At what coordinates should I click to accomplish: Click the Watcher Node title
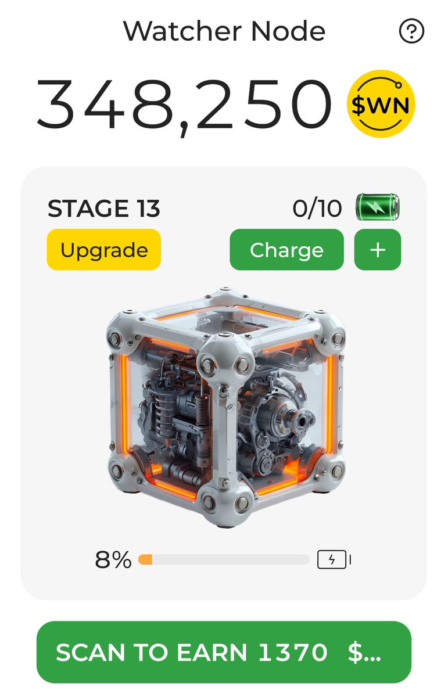tap(224, 31)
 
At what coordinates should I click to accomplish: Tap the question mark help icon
tap(411, 31)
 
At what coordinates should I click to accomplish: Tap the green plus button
tap(377, 250)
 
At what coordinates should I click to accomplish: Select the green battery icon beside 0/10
tap(378, 208)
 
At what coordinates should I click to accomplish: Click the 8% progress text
tap(113, 560)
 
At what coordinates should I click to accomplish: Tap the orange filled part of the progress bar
tap(145, 560)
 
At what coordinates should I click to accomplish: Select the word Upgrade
tap(103, 250)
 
